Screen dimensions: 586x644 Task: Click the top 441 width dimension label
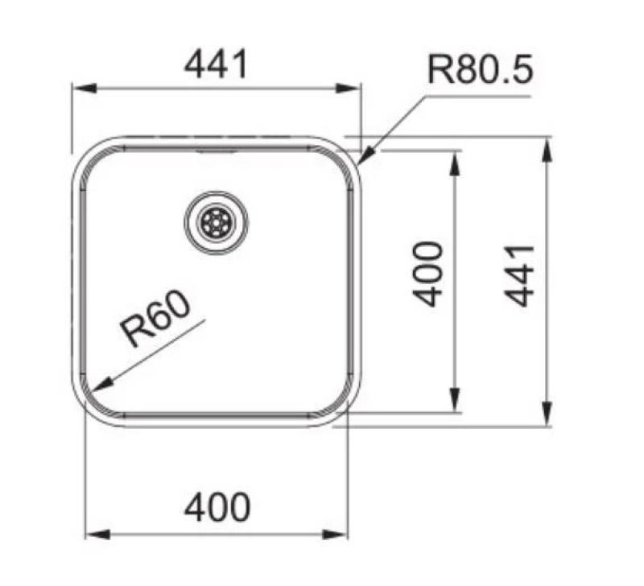(x=216, y=64)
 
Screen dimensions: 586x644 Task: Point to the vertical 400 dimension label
(x=428, y=274)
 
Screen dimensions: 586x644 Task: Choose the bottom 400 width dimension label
(x=217, y=508)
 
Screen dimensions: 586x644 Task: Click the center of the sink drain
(x=216, y=222)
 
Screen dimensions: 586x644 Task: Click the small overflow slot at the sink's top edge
(x=216, y=150)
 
